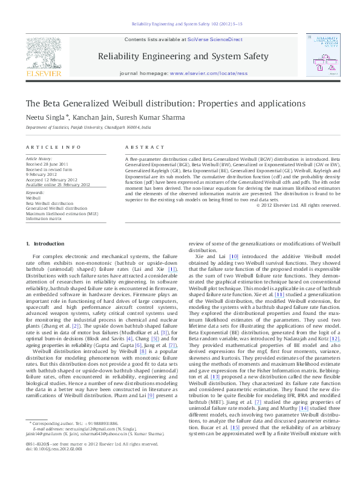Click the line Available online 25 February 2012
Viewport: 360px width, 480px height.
(57, 184)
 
